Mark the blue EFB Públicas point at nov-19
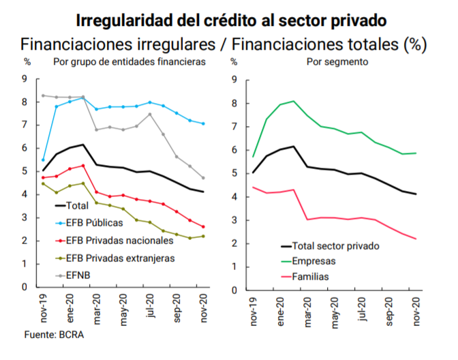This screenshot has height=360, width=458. pos(43,160)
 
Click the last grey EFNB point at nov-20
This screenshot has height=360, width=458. pos(203,178)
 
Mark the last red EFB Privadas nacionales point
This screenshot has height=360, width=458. pos(203,227)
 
